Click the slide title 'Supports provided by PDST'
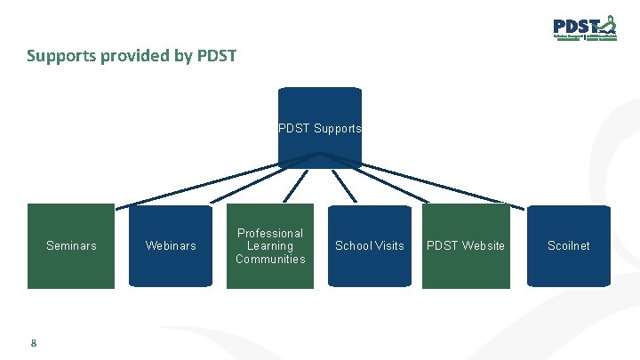[132, 57]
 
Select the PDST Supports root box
[320, 127]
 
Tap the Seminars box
[71, 246]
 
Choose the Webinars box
[171, 246]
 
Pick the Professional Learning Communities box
[270, 246]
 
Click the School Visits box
[369, 246]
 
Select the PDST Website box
[466, 246]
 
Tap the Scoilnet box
[569, 246]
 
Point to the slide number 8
[33, 343]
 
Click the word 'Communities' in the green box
[270, 260]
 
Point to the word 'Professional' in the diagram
[270, 233]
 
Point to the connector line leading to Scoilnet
[444, 182]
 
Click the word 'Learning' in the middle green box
[270, 246]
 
